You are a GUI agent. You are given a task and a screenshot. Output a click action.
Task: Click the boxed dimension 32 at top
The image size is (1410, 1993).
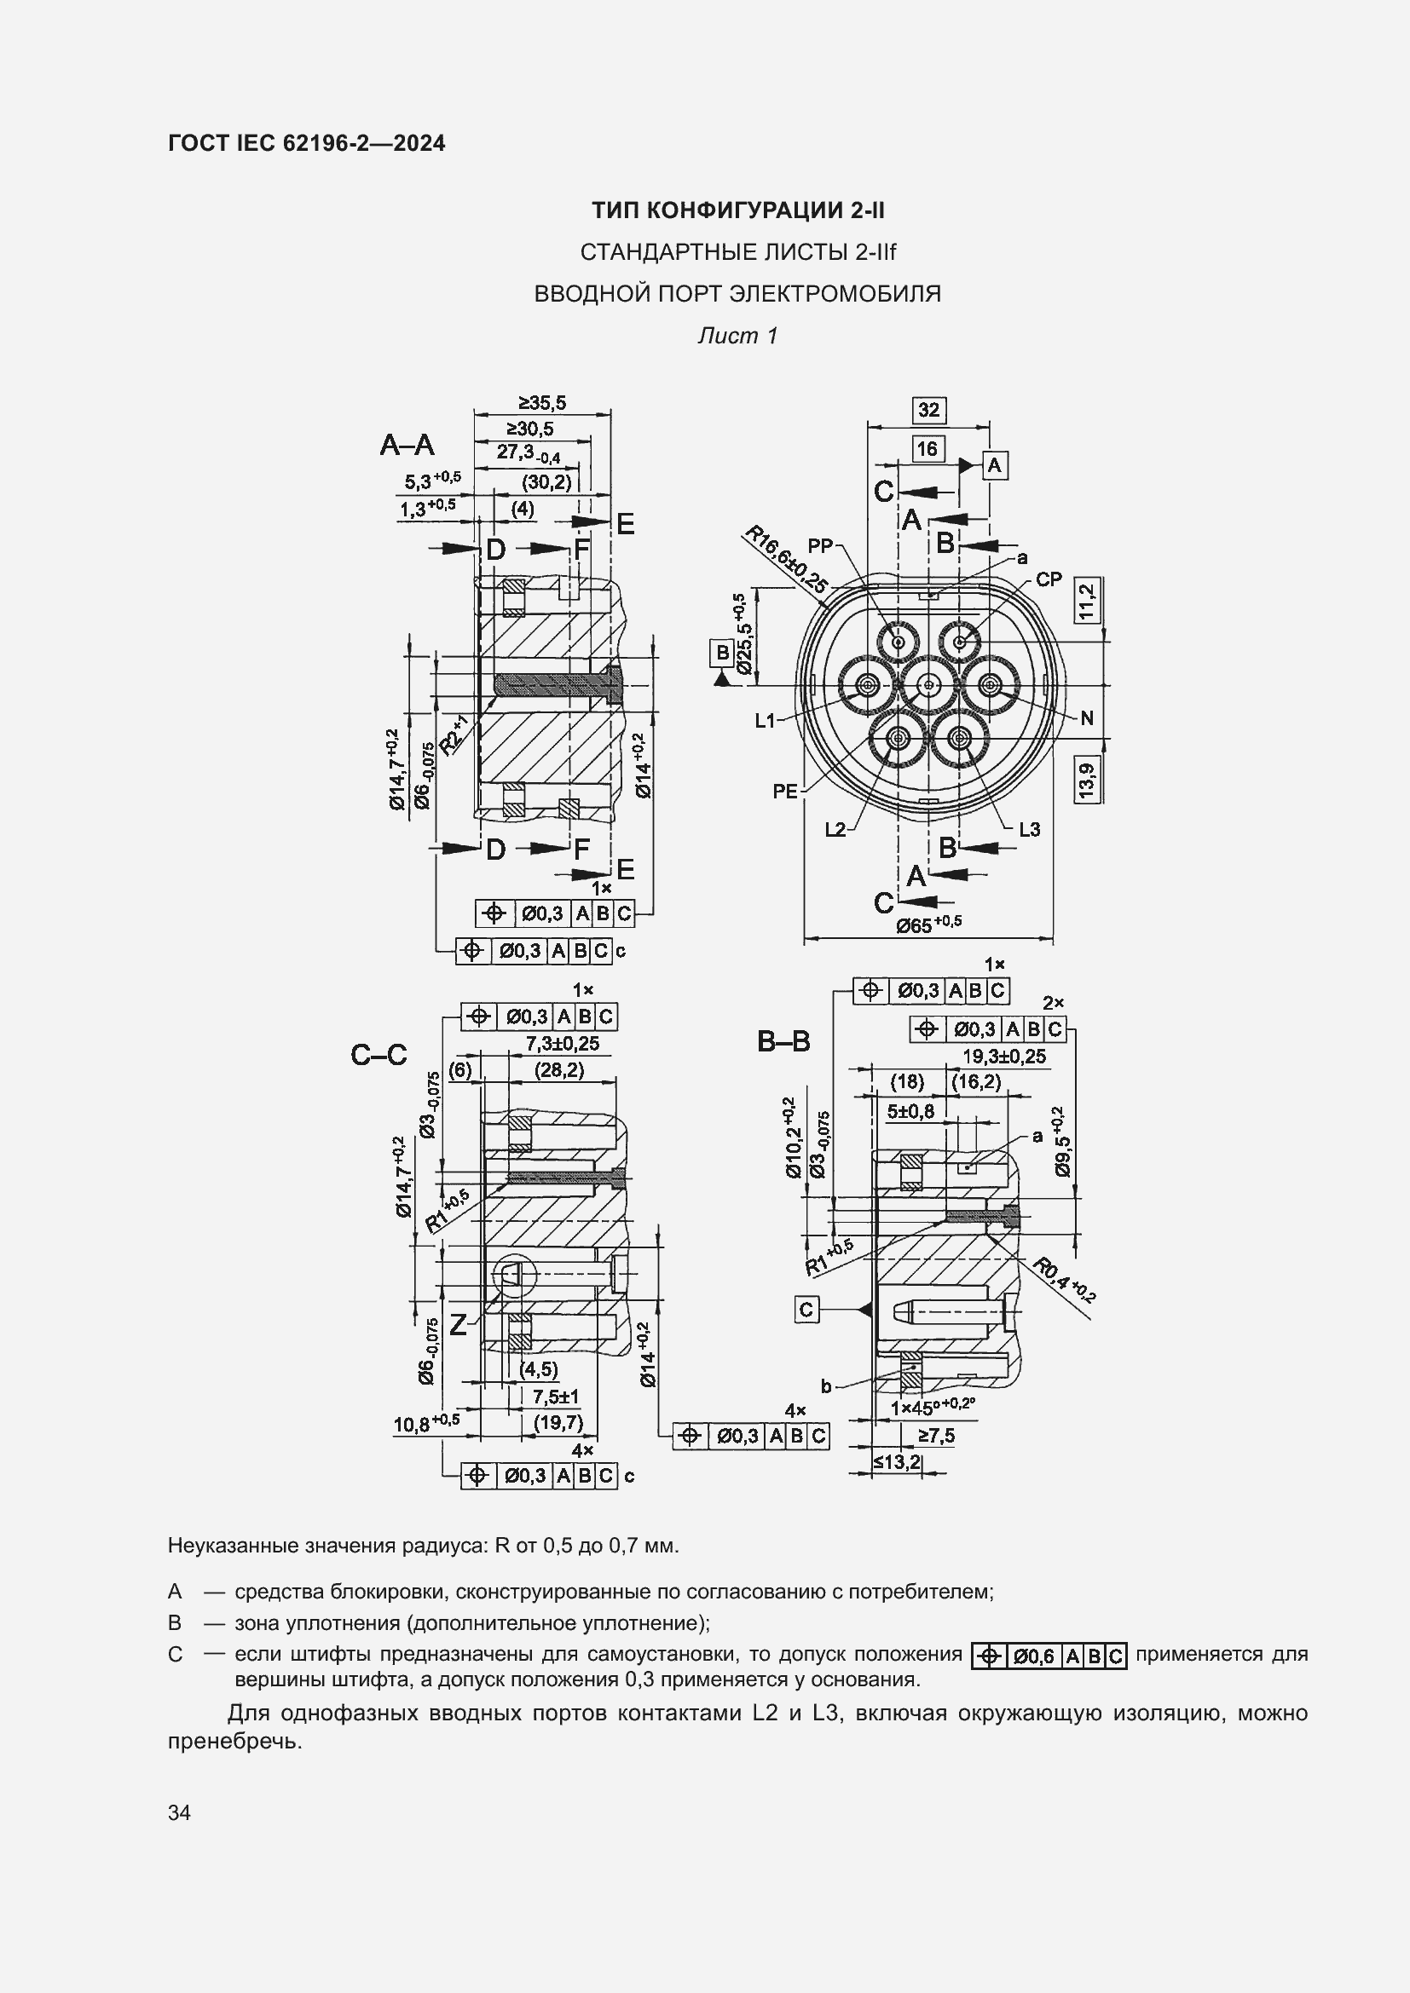point(928,410)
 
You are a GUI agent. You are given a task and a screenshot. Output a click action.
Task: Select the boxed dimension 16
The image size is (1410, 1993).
point(927,449)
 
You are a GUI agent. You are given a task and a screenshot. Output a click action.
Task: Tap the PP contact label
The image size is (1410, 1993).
point(820,546)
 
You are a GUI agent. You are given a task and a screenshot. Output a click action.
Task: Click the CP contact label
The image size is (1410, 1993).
point(1049,579)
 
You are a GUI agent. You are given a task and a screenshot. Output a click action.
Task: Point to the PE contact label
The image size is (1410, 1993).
point(785,792)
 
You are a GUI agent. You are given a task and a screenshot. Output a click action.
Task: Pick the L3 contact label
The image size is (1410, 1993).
point(1029,829)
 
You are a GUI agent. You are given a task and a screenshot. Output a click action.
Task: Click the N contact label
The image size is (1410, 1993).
point(1087,717)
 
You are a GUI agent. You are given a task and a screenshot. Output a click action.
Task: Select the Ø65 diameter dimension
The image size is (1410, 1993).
point(928,924)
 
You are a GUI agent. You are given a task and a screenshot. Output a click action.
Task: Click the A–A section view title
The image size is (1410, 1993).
point(407,446)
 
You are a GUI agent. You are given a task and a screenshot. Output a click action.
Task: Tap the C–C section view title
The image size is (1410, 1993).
point(379,1055)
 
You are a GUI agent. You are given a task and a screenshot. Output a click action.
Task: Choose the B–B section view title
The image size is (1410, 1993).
point(783,1040)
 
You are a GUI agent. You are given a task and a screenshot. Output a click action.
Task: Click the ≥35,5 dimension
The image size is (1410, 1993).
point(542,403)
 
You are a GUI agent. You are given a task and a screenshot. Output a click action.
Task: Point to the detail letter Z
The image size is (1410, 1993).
point(458,1324)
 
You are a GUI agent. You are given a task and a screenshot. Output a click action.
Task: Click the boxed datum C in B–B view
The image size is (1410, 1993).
point(806,1309)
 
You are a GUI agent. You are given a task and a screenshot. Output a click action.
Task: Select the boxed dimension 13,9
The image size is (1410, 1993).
point(1086,779)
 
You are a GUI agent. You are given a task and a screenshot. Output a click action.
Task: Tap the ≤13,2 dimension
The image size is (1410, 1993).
point(897,1462)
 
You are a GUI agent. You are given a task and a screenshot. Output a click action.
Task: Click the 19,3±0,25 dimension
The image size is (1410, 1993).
point(1004,1057)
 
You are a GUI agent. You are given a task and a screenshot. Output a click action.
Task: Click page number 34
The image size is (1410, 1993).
point(179,1812)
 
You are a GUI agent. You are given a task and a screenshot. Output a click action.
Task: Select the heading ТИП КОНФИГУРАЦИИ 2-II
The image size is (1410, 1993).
point(738,210)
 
